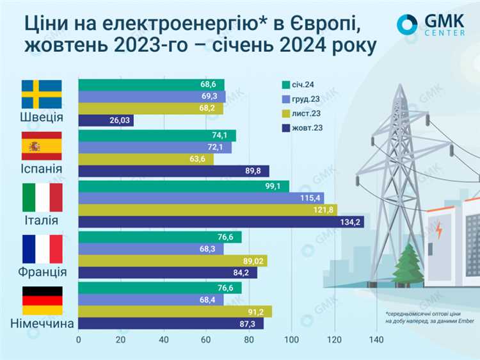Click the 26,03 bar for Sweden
coord(106,120)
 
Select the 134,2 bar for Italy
coord(221,222)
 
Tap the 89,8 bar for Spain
coord(173,171)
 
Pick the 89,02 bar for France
coord(172,261)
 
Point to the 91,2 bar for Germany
coord(175,311)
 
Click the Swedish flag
coord(42,94)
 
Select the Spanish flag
coord(42,146)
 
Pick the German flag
coord(42,300)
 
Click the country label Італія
coord(42,220)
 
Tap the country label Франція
coord(42,271)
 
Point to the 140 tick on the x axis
coord(376,340)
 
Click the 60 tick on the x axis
coord(206,340)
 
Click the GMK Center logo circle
coord(407,24)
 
